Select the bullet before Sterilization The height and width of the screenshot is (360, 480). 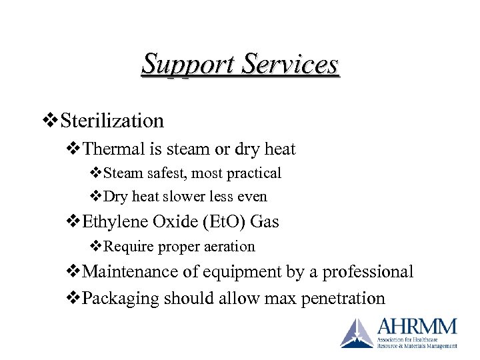(x=51, y=121)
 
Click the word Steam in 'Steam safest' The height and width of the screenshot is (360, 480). (x=122, y=173)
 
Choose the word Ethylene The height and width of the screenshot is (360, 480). (x=116, y=221)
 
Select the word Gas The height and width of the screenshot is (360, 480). (x=264, y=221)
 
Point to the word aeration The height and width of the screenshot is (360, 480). (x=229, y=247)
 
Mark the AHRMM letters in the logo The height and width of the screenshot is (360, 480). (x=417, y=327)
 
